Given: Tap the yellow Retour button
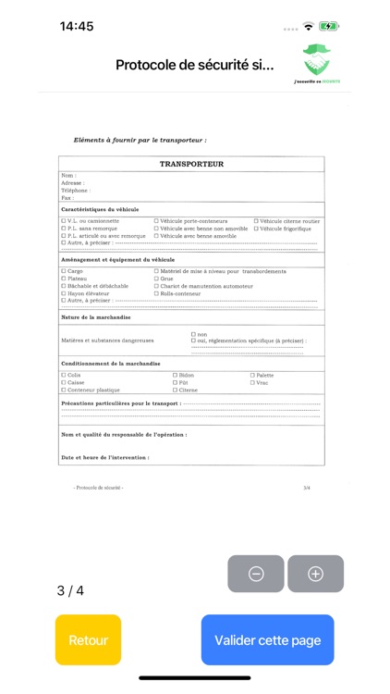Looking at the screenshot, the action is click(88, 639).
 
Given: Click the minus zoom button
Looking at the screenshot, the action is click(256, 574).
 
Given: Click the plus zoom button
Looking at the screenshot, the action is click(315, 574).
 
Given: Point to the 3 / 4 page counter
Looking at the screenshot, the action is click(70, 590).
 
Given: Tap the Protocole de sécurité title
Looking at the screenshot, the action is click(194, 65).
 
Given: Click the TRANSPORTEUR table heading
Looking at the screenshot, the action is click(191, 164).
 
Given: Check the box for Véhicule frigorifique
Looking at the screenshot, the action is click(256, 229).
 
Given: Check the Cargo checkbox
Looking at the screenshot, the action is click(64, 271).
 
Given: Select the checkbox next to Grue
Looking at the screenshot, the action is click(156, 279).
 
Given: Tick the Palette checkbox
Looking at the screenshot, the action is click(253, 375).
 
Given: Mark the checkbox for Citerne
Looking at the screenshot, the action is click(176, 390).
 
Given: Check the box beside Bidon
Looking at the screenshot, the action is click(176, 375).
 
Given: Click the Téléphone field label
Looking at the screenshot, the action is click(75, 191).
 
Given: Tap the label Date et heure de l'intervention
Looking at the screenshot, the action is click(104, 457).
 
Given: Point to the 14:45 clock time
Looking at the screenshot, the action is click(77, 27).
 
